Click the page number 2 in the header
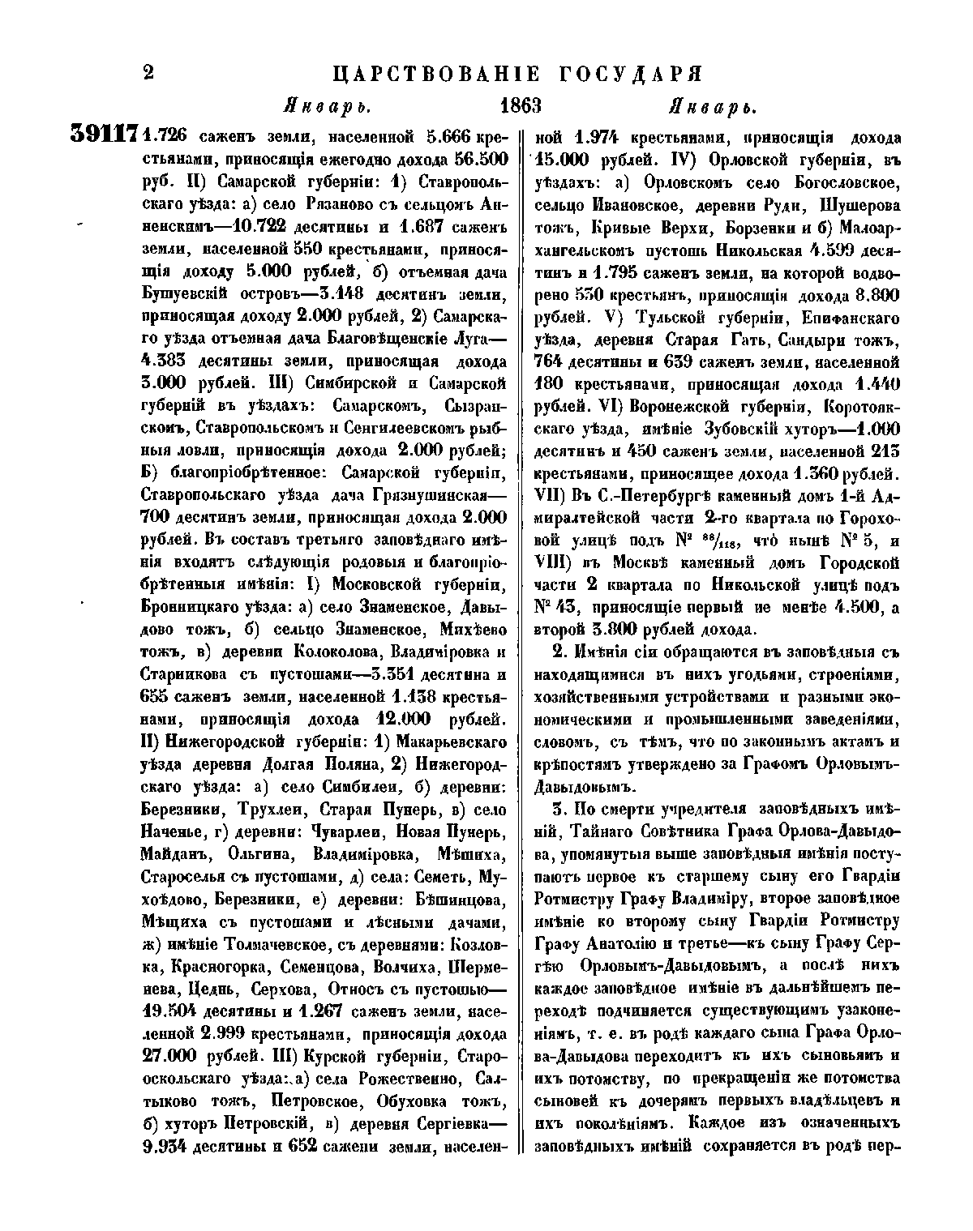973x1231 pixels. click(x=148, y=74)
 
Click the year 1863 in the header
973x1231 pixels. click(x=521, y=106)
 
